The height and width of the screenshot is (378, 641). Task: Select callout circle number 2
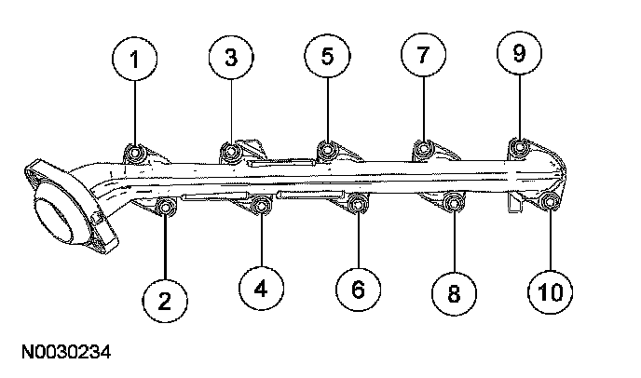pos(165,299)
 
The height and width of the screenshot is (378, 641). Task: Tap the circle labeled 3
pos(230,57)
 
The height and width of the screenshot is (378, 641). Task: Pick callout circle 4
pos(261,289)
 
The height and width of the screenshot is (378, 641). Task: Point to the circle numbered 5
pos(327,57)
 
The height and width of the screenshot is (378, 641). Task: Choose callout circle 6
pos(359,290)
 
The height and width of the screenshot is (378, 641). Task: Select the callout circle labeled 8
pos(454,294)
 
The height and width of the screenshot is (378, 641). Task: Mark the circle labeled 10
pos(550,292)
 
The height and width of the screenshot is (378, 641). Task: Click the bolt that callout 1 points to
pos(136,152)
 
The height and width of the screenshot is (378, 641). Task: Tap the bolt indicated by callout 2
pos(166,209)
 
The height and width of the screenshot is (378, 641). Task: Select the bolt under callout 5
pos(327,150)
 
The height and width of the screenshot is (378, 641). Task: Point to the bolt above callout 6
pos(359,204)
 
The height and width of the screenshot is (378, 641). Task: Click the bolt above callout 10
pos(550,202)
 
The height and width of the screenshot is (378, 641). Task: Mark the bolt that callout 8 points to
pos(454,204)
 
